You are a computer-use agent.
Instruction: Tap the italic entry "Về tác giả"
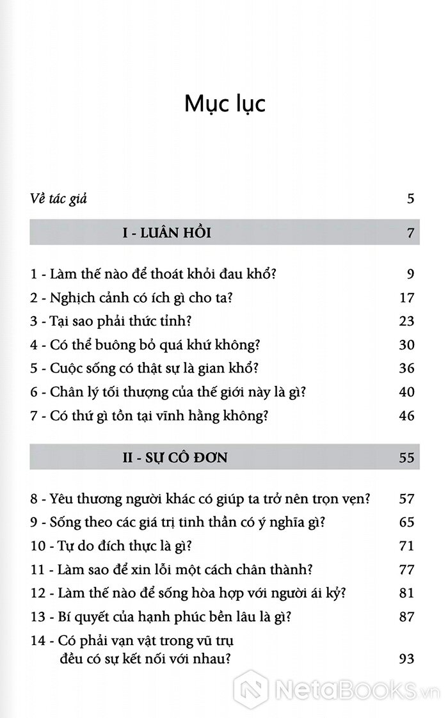point(58,198)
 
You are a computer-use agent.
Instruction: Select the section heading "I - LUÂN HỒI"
point(166,233)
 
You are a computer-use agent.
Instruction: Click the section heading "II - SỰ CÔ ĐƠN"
point(175,458)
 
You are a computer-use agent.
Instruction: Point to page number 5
point(410,198)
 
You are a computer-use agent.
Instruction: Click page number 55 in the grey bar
point(406,458)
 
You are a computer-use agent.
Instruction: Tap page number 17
point(406,298)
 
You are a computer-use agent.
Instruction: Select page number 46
point(406,416)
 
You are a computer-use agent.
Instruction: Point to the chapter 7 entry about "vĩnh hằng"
point(148,416)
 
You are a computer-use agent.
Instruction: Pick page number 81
point(406,593)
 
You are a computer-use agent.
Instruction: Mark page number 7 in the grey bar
point(410,233)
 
